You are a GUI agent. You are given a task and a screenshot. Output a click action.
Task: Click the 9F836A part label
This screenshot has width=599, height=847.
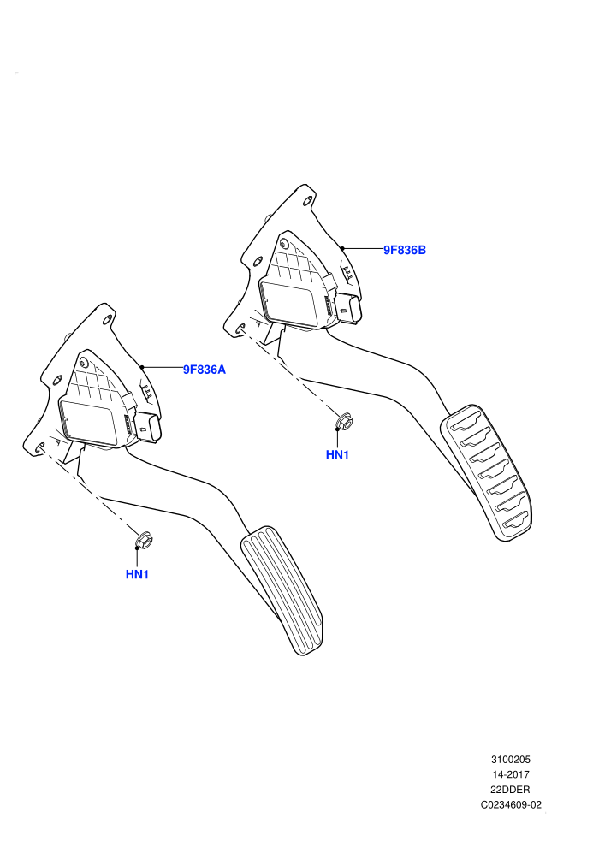coord(205,370)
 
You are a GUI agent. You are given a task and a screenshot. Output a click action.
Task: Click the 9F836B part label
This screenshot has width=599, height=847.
coord(405,250)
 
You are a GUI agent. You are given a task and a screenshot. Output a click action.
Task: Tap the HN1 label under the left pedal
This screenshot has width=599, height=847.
coord(137,574)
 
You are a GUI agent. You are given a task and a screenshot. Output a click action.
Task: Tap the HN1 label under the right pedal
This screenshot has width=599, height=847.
coord(337,455)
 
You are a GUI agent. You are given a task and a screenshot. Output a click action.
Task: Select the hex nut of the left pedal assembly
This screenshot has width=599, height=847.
coord(144,540)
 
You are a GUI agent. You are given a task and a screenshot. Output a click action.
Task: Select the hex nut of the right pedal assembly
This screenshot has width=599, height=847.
coord(344,420)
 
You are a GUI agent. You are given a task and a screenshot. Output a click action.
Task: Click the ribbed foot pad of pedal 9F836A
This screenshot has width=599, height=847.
coord(282,589)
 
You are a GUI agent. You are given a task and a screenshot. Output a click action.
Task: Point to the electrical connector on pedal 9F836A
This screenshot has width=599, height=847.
coord(148,429)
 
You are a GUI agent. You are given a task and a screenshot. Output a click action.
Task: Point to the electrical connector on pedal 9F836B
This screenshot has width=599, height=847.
coord(349,310)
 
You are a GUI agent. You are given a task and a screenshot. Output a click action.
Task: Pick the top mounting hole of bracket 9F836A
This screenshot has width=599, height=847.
coord(106,320)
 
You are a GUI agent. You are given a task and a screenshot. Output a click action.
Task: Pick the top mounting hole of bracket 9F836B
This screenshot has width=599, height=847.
coord(307,201)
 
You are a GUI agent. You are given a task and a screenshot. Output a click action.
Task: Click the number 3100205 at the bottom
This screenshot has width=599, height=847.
coord(510,760)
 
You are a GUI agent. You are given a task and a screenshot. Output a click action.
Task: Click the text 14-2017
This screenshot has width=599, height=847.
coord(510,774)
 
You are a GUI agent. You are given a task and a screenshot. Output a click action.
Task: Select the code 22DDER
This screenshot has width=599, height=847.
coord(510,790)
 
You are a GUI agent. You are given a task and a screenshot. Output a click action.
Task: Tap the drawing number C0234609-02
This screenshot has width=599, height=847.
coord(511,805)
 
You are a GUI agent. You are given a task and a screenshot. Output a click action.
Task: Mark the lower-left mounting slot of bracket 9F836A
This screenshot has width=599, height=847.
coord(40,447)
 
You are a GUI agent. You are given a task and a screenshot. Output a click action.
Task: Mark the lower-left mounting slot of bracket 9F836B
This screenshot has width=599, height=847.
coord(241,328)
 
